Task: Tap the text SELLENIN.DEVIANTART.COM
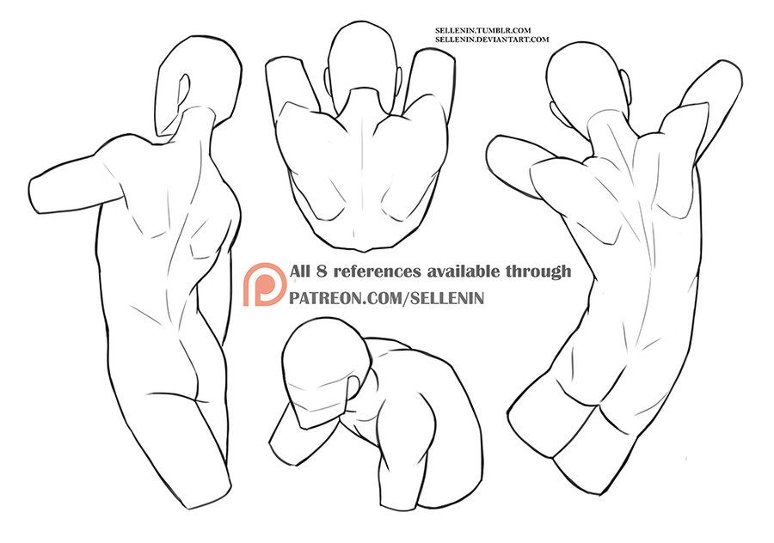(491, 40)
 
